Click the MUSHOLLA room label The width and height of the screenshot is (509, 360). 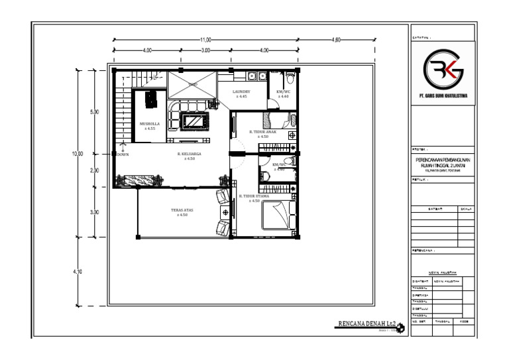(148, 123)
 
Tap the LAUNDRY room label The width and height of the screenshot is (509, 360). (241, 91)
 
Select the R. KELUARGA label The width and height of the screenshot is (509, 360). (189, 154)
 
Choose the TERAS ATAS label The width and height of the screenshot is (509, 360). (180, 210)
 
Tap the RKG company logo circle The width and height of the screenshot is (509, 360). (443, 70)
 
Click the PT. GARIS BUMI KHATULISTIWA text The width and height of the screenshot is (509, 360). (443, 96)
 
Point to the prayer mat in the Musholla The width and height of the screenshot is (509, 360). (150, 97)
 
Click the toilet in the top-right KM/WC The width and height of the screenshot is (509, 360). (290, 121)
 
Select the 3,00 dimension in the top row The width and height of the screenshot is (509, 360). (205, 50)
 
